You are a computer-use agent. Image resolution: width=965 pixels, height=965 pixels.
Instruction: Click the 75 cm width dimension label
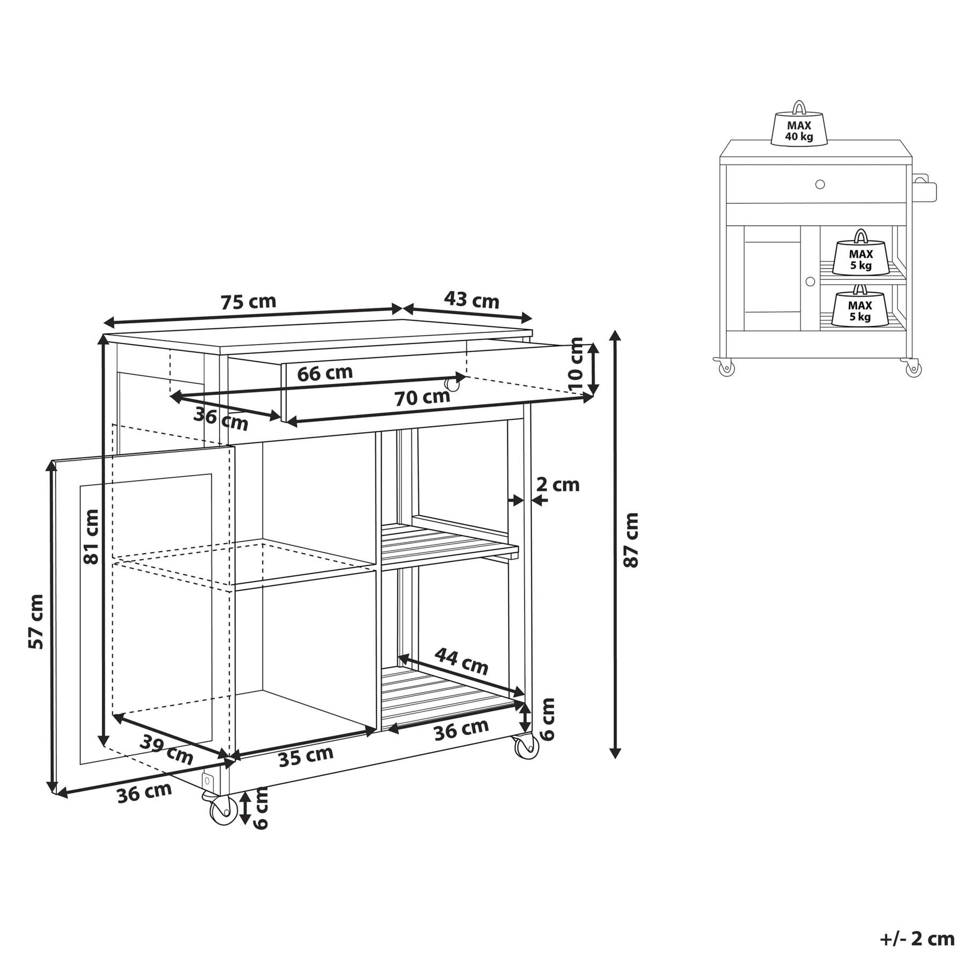[248, 302]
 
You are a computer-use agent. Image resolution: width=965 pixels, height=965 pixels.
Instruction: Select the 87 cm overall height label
[631, 540]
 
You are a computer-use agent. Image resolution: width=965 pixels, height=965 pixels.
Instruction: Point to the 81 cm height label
[91, 537]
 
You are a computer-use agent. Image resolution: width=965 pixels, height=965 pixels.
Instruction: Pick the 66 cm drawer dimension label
[325, 373]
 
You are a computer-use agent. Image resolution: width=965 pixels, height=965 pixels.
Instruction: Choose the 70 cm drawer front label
[422, 398]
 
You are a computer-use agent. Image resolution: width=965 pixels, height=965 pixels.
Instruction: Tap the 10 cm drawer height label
[575, 367]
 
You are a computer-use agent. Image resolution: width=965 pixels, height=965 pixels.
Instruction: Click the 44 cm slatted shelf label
[461, 662]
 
